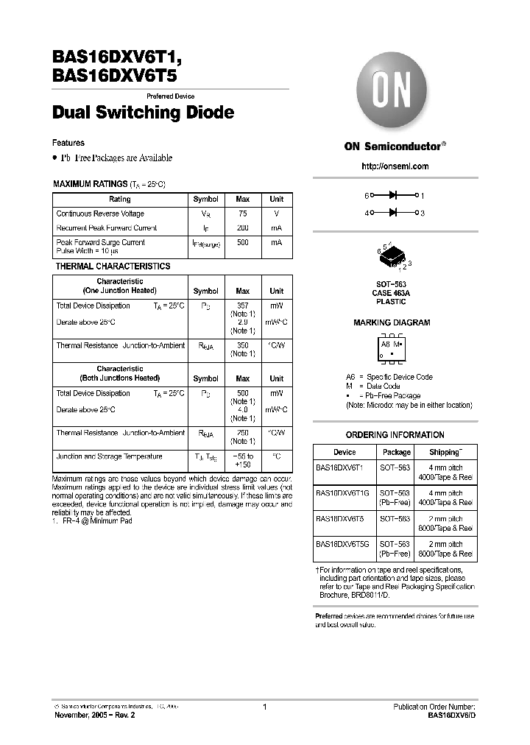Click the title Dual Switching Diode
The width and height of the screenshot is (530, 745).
[144, 113]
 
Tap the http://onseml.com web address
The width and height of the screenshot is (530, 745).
[395, 166]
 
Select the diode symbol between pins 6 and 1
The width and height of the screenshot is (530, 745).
[393, 196]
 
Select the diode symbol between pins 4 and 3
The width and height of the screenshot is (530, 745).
[393, 213]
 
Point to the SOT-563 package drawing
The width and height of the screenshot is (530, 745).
[395, 256]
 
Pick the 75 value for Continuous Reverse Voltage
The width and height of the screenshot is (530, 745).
[242, 213]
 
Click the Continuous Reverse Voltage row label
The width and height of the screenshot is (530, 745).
[100, 213]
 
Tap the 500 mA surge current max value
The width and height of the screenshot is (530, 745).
[242, 242]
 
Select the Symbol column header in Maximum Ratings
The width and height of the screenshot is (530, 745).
[205, 200]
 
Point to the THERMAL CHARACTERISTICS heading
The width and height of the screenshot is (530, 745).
[113, 266]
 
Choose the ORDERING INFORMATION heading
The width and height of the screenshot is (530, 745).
[395, 435]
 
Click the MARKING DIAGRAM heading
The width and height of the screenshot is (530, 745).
[392, 322]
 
